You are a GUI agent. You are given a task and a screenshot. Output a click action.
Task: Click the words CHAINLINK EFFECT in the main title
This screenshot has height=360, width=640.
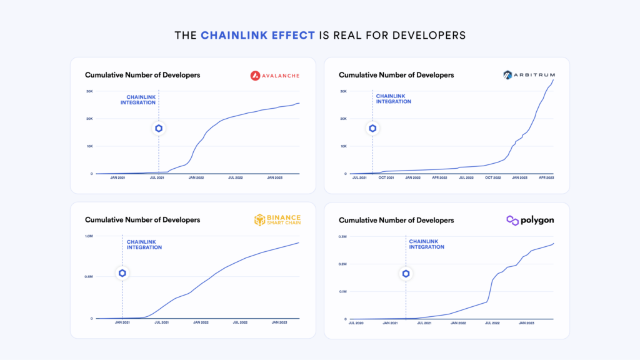(x=257, y=36)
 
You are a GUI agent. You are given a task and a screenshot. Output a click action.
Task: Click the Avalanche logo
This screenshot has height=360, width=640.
(x=274, y=76)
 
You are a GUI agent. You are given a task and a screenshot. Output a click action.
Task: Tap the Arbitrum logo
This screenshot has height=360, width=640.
(x=528, y=76)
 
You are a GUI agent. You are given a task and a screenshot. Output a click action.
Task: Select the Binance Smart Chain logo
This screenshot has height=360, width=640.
(x=277, y=220)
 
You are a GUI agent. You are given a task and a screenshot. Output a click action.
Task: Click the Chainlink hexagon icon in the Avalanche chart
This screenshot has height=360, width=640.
(x=159, y=129)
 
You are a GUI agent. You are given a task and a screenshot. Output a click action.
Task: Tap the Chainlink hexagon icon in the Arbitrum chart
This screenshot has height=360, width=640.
(x=372, y=129)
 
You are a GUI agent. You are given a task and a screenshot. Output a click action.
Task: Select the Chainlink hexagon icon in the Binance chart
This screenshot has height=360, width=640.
(x=122, y=273)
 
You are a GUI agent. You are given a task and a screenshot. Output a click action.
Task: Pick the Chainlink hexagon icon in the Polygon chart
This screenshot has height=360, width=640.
(x=406, y=274)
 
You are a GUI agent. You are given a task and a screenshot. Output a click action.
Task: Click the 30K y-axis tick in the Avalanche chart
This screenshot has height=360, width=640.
(x=89, y=91)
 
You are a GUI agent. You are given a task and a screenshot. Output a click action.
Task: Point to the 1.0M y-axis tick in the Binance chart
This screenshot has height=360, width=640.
(x=89, y=236)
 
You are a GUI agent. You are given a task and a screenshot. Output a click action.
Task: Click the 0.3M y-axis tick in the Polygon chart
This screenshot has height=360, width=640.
(x=342, y=236)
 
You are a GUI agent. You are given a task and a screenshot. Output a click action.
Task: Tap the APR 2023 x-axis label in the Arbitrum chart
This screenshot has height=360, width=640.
(x=546, y=178)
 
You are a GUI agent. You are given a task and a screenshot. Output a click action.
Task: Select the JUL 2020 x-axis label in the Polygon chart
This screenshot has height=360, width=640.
(x=356, y=323)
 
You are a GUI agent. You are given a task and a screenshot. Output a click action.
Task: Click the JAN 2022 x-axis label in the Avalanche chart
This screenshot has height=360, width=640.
(x=196, y=178)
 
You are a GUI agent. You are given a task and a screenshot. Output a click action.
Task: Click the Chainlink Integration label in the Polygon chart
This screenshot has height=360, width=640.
(x=427, y=244)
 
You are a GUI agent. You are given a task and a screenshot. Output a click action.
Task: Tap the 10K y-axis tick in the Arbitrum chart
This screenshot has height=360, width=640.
(x=343, y=146)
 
